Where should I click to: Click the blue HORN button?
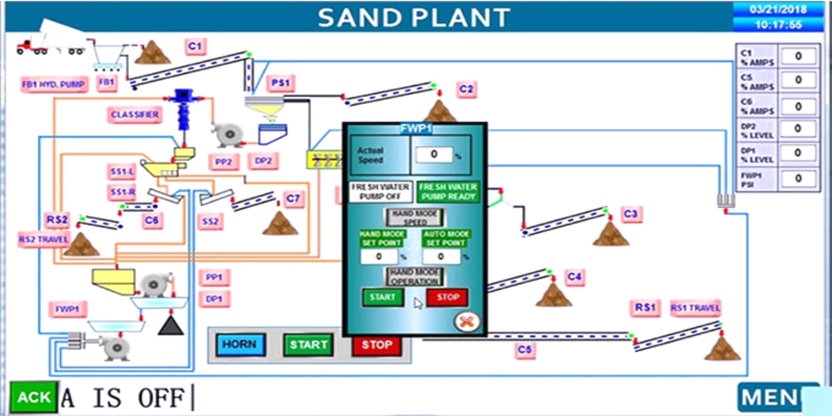tap(240, 345)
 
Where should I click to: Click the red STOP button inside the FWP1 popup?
tap(447, 297)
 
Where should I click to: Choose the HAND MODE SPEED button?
tap(414, 217)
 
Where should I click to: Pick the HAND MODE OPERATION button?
tap(415, 277)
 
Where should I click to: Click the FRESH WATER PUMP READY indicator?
tap(448, 191)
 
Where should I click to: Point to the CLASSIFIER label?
tap(135, 114)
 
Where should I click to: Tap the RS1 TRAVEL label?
tap(695, 308)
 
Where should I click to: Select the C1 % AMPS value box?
tap(799, 56)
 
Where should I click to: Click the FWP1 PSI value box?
tap(799, 178)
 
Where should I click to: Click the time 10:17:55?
tap(779, 24)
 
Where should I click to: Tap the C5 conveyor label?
tap(525, 351)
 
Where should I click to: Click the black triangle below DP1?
tap(171, 326)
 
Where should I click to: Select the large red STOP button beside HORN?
tap(376, 345)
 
